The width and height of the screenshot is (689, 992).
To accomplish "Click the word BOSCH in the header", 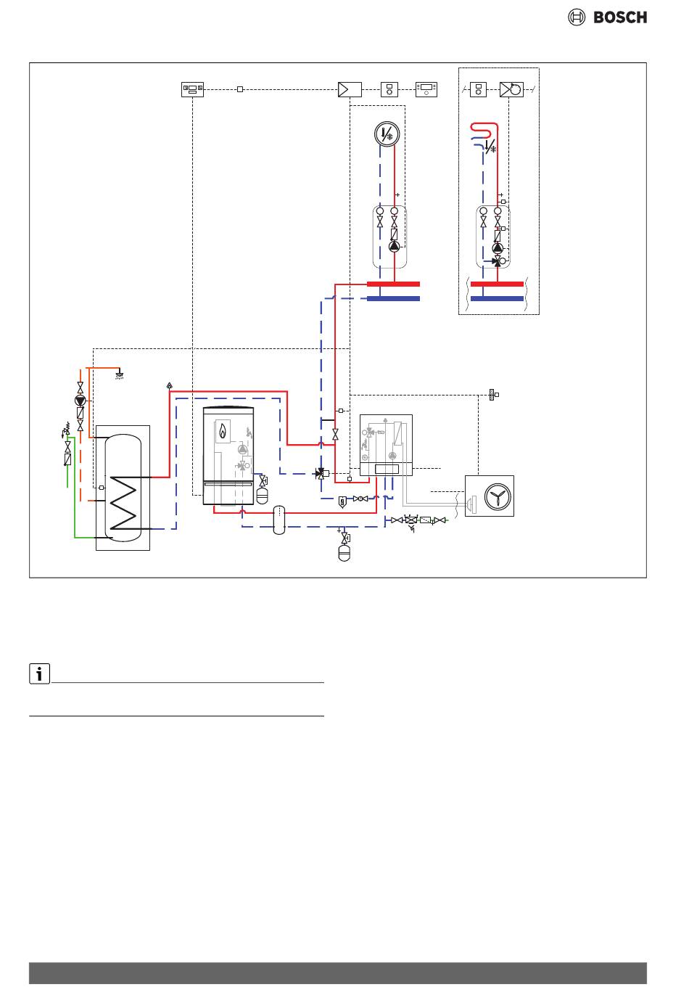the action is pyautogui.click(x=620, y=17).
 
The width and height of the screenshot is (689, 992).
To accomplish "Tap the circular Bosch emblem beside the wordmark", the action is pyautogui.click(x=577, y=17).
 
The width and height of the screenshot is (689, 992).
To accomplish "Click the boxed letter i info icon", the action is pyautogui.click(x=39, y=673).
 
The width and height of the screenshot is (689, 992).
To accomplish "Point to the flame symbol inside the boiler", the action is pyautogui.click(x=223, y=430).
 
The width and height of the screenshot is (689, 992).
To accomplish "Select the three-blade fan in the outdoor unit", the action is pyautogui.click(x=498, y=496).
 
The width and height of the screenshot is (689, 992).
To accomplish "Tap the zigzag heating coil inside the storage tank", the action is pyautogui.click(x=123, y=503).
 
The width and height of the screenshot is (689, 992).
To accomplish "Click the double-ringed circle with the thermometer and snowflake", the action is pyautogui.click(x=387, y=134).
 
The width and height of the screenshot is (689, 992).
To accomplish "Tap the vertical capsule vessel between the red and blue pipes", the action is pyautogui.click(x=279, y=520).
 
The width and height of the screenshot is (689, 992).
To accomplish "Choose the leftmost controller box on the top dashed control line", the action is pyautogui.click(x=192, y=89).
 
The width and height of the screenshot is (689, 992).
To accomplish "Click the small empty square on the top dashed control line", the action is pyautogui.click(x=240, y=89).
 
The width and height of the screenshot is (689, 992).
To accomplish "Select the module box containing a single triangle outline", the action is pyautogui.click(x=350, y=89).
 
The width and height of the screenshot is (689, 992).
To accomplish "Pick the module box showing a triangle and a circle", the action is pyautogui.click(x=511, y=89).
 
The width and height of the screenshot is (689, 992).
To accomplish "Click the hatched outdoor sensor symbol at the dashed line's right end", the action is pyautogui.click(x=492, y=394).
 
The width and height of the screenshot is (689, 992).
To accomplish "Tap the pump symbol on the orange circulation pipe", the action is pyautogui.click(x=80, y=401).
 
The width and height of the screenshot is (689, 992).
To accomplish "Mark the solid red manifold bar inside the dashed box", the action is pyautogui.click(x=497, y=284).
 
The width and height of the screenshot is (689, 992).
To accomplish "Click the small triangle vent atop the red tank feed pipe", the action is pyautogui.click(x=170, y=385).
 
